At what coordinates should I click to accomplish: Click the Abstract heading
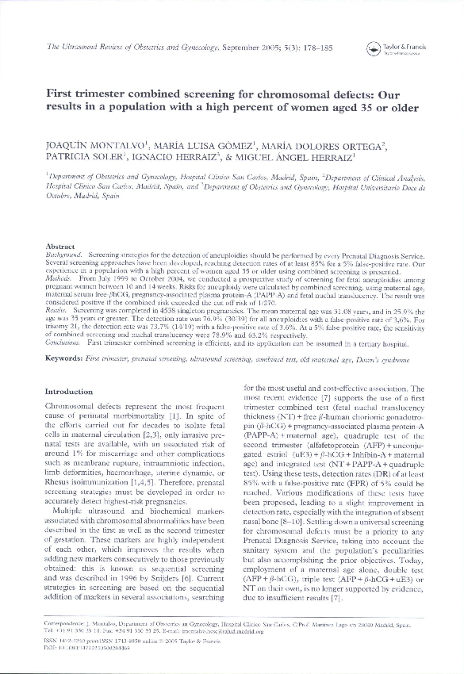click(61, 247)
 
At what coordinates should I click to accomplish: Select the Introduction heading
click(69, 392)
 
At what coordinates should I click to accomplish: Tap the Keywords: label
click(65, 359)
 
